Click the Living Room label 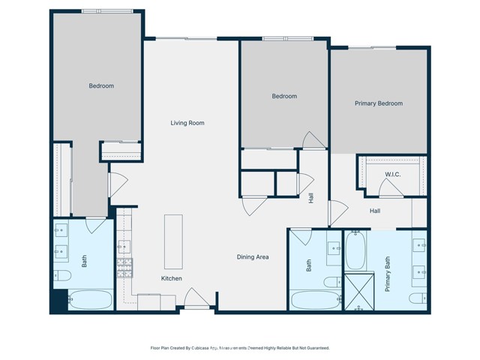[x=187, y=123]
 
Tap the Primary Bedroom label [x=378, y=103]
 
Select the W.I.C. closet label [x=393, y=175]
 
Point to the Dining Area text [x=253, y=257]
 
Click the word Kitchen [x=172, y=278]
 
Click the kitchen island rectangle [x=173, y=241]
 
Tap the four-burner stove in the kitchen [x=124, y=265]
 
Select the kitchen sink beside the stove [x=124, y=246]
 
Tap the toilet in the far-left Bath [x=61, y=276]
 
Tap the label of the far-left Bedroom [x=101, y=86]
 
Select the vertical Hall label [x=310, y=197]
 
